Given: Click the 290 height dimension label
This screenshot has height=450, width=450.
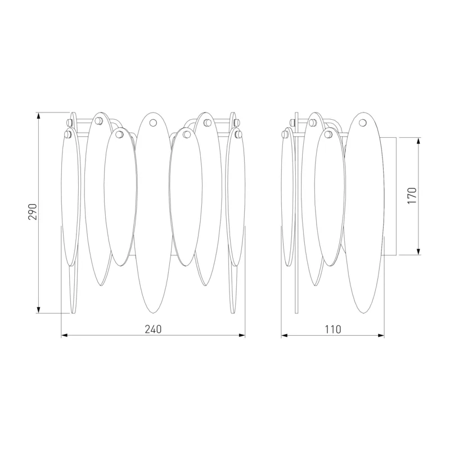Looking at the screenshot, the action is click(x=33, y=212).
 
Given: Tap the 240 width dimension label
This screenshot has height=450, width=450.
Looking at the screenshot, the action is click(x=153, y=329).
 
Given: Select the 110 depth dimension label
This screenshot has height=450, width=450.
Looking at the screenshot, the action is click(x=333, y=329).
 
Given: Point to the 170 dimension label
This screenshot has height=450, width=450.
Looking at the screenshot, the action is click(x=412, y=196).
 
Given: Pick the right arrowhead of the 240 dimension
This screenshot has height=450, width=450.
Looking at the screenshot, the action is click(x=242, y=335).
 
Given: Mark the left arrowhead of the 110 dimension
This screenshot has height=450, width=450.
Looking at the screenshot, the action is click(x=285, y=335).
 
